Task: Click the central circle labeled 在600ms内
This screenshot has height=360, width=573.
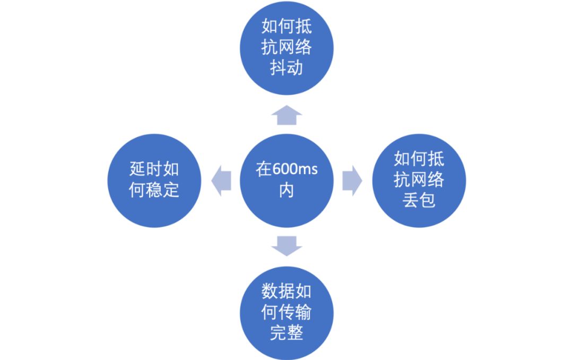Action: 286,181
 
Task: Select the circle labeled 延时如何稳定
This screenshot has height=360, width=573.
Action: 154,181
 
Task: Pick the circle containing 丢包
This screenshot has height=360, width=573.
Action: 419,181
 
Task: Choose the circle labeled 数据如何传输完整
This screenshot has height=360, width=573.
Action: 286,313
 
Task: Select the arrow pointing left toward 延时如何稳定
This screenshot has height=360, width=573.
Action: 221,181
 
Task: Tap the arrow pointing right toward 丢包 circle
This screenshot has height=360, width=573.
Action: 352,181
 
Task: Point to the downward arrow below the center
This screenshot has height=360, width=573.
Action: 286,246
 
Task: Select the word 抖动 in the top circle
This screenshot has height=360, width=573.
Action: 286,68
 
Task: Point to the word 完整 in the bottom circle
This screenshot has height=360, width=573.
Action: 286,333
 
